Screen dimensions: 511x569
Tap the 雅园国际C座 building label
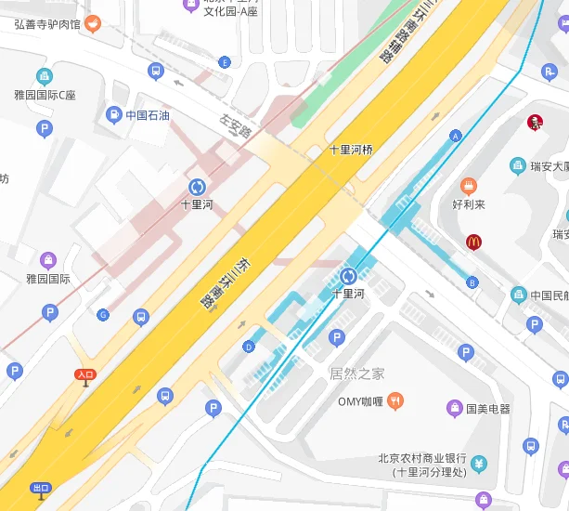pos(45,95)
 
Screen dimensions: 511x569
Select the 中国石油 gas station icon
pos(113,115)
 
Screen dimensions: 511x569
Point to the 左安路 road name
pos(236,126)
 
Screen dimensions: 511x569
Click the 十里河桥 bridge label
pos(350,149)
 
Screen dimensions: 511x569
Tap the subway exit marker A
pos(455,136)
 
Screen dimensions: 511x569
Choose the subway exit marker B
pos(472,282)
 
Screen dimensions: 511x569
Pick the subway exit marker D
pos(248,347)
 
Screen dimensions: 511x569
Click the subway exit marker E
pos(224,62)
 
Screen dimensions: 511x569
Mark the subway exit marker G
pos(103,315)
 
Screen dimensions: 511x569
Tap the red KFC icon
pos(534,122)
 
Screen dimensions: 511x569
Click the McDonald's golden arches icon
pos(473,242)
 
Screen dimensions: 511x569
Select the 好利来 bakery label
pos(469,203)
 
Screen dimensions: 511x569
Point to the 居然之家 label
pos(356,373)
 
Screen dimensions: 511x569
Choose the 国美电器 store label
pos(487,408)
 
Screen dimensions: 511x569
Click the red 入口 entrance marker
pos(85,376)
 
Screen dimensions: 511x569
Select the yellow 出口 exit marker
pos(41,489)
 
